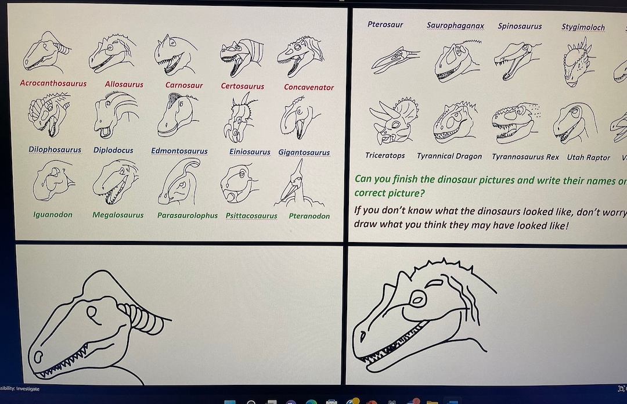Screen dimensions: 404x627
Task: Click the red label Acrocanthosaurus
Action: pos(53,84)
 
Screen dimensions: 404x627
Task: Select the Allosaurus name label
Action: pos(124,85)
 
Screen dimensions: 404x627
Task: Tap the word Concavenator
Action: pos(309,88)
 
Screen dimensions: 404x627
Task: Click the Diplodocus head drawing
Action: pos(113,117)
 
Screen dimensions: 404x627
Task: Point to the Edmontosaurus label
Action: pos(179,151)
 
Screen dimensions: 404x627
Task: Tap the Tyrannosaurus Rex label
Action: pos(525,157)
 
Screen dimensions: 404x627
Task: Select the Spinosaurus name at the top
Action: pos(520,26)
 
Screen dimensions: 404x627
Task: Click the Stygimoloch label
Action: pos(583,27)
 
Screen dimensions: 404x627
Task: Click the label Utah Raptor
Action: pos(589,158)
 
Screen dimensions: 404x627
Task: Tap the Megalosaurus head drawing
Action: pos(116,182)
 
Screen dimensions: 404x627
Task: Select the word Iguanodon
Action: pos(52,215)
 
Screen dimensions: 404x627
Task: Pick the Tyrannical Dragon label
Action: pos(449,157)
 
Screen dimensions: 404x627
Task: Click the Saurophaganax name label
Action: pos(455,26)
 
